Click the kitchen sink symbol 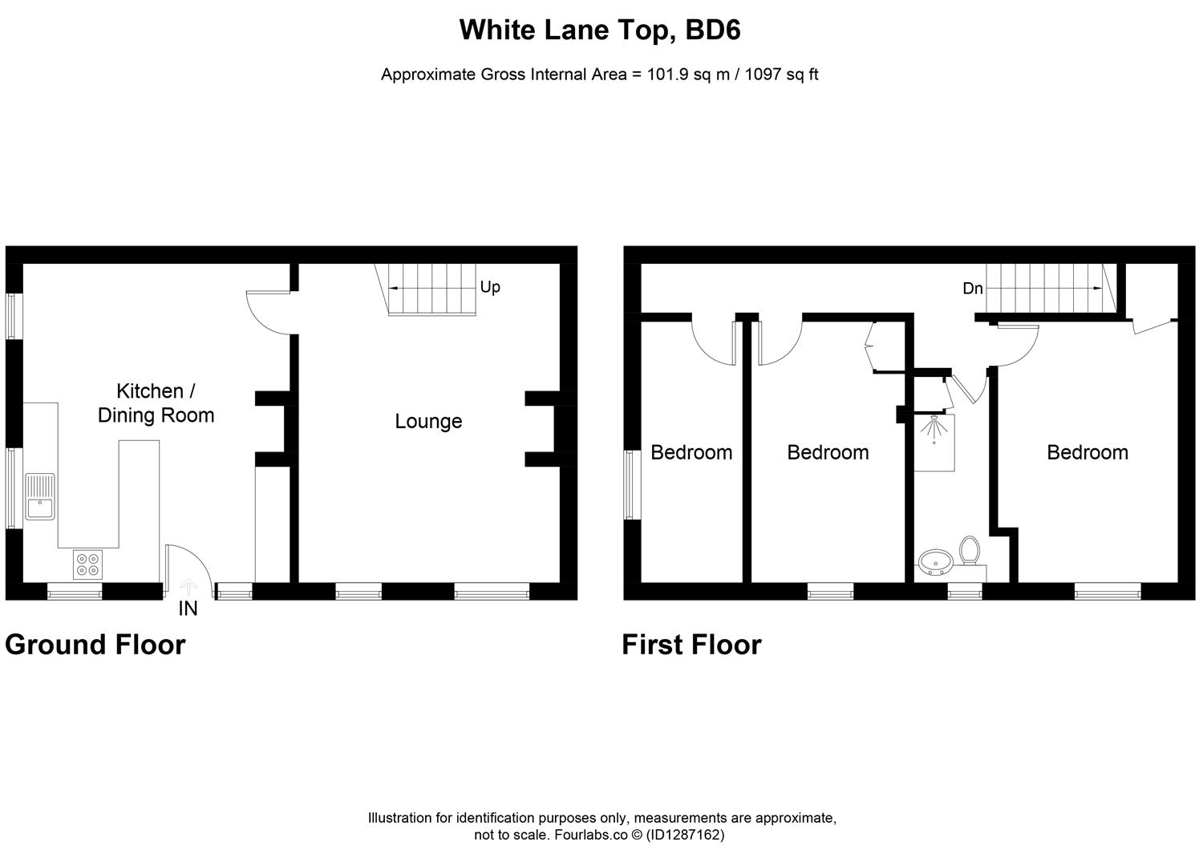pyautogui.click(x=40, y=496)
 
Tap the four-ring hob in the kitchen pyautogui.click(x=87, y=565)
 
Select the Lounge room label pyautogui.click(x=428, y=421)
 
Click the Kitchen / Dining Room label pyautogui.click(x=156, y=403)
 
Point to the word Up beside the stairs pyautogui.click(x=490, y=287)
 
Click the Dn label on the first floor pyautogui.click(x=973, y=289)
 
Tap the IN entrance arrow pyautogui.click(x=188, y=588)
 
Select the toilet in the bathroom pyautogui.click(x=969, y=552)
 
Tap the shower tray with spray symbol pyautogui.click(x=935, y=442)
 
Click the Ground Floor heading pyautogui.click(x=95, y=645)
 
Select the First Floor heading pyautogui.click(x=691, y=645)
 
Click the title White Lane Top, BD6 pyautogui.click(x=599, y=30)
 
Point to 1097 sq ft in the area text pyautogui.click(x=781, y=75)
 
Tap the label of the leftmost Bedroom pyautogui.click(x=691, y=452)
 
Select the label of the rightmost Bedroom pyautogui.click(x=1087, y=452)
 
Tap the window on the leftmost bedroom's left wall pyautogui.click(x=631, y=484)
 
